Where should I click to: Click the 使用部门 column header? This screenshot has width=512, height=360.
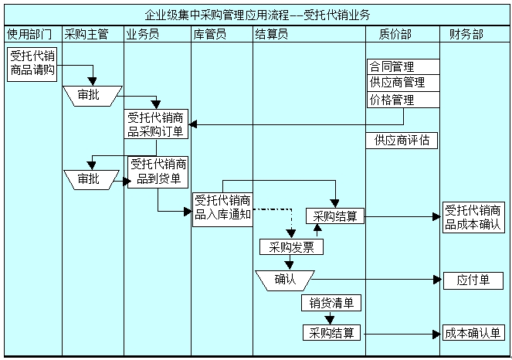(x=30, y=34)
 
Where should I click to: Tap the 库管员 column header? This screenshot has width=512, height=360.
(x=210, y=34)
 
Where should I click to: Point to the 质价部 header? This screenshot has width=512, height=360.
(x=395, y=34)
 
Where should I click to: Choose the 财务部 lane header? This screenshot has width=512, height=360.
(x=466, y=34)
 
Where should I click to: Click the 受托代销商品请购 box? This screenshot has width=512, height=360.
(x=31, y=64)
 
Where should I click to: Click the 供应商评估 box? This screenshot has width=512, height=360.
(x=402, y=141)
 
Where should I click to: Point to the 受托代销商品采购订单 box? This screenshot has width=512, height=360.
(x=157, y=125)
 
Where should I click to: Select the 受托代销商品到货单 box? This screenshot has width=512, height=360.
(x=158, y=172)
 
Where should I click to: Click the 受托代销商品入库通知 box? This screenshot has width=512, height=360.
(x=222, y=208)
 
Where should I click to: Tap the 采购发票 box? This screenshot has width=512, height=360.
(x=291, y=247)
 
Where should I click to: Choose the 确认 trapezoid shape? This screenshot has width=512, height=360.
(x=285, y=279)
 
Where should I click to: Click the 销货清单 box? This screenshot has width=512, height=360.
(x=331, y=303)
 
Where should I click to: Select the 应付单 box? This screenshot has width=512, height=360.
(x=473, y=280)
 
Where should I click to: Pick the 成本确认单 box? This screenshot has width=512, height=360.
(x=473, y=334)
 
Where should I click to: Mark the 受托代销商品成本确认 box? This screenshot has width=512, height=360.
(x=473, y=217)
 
